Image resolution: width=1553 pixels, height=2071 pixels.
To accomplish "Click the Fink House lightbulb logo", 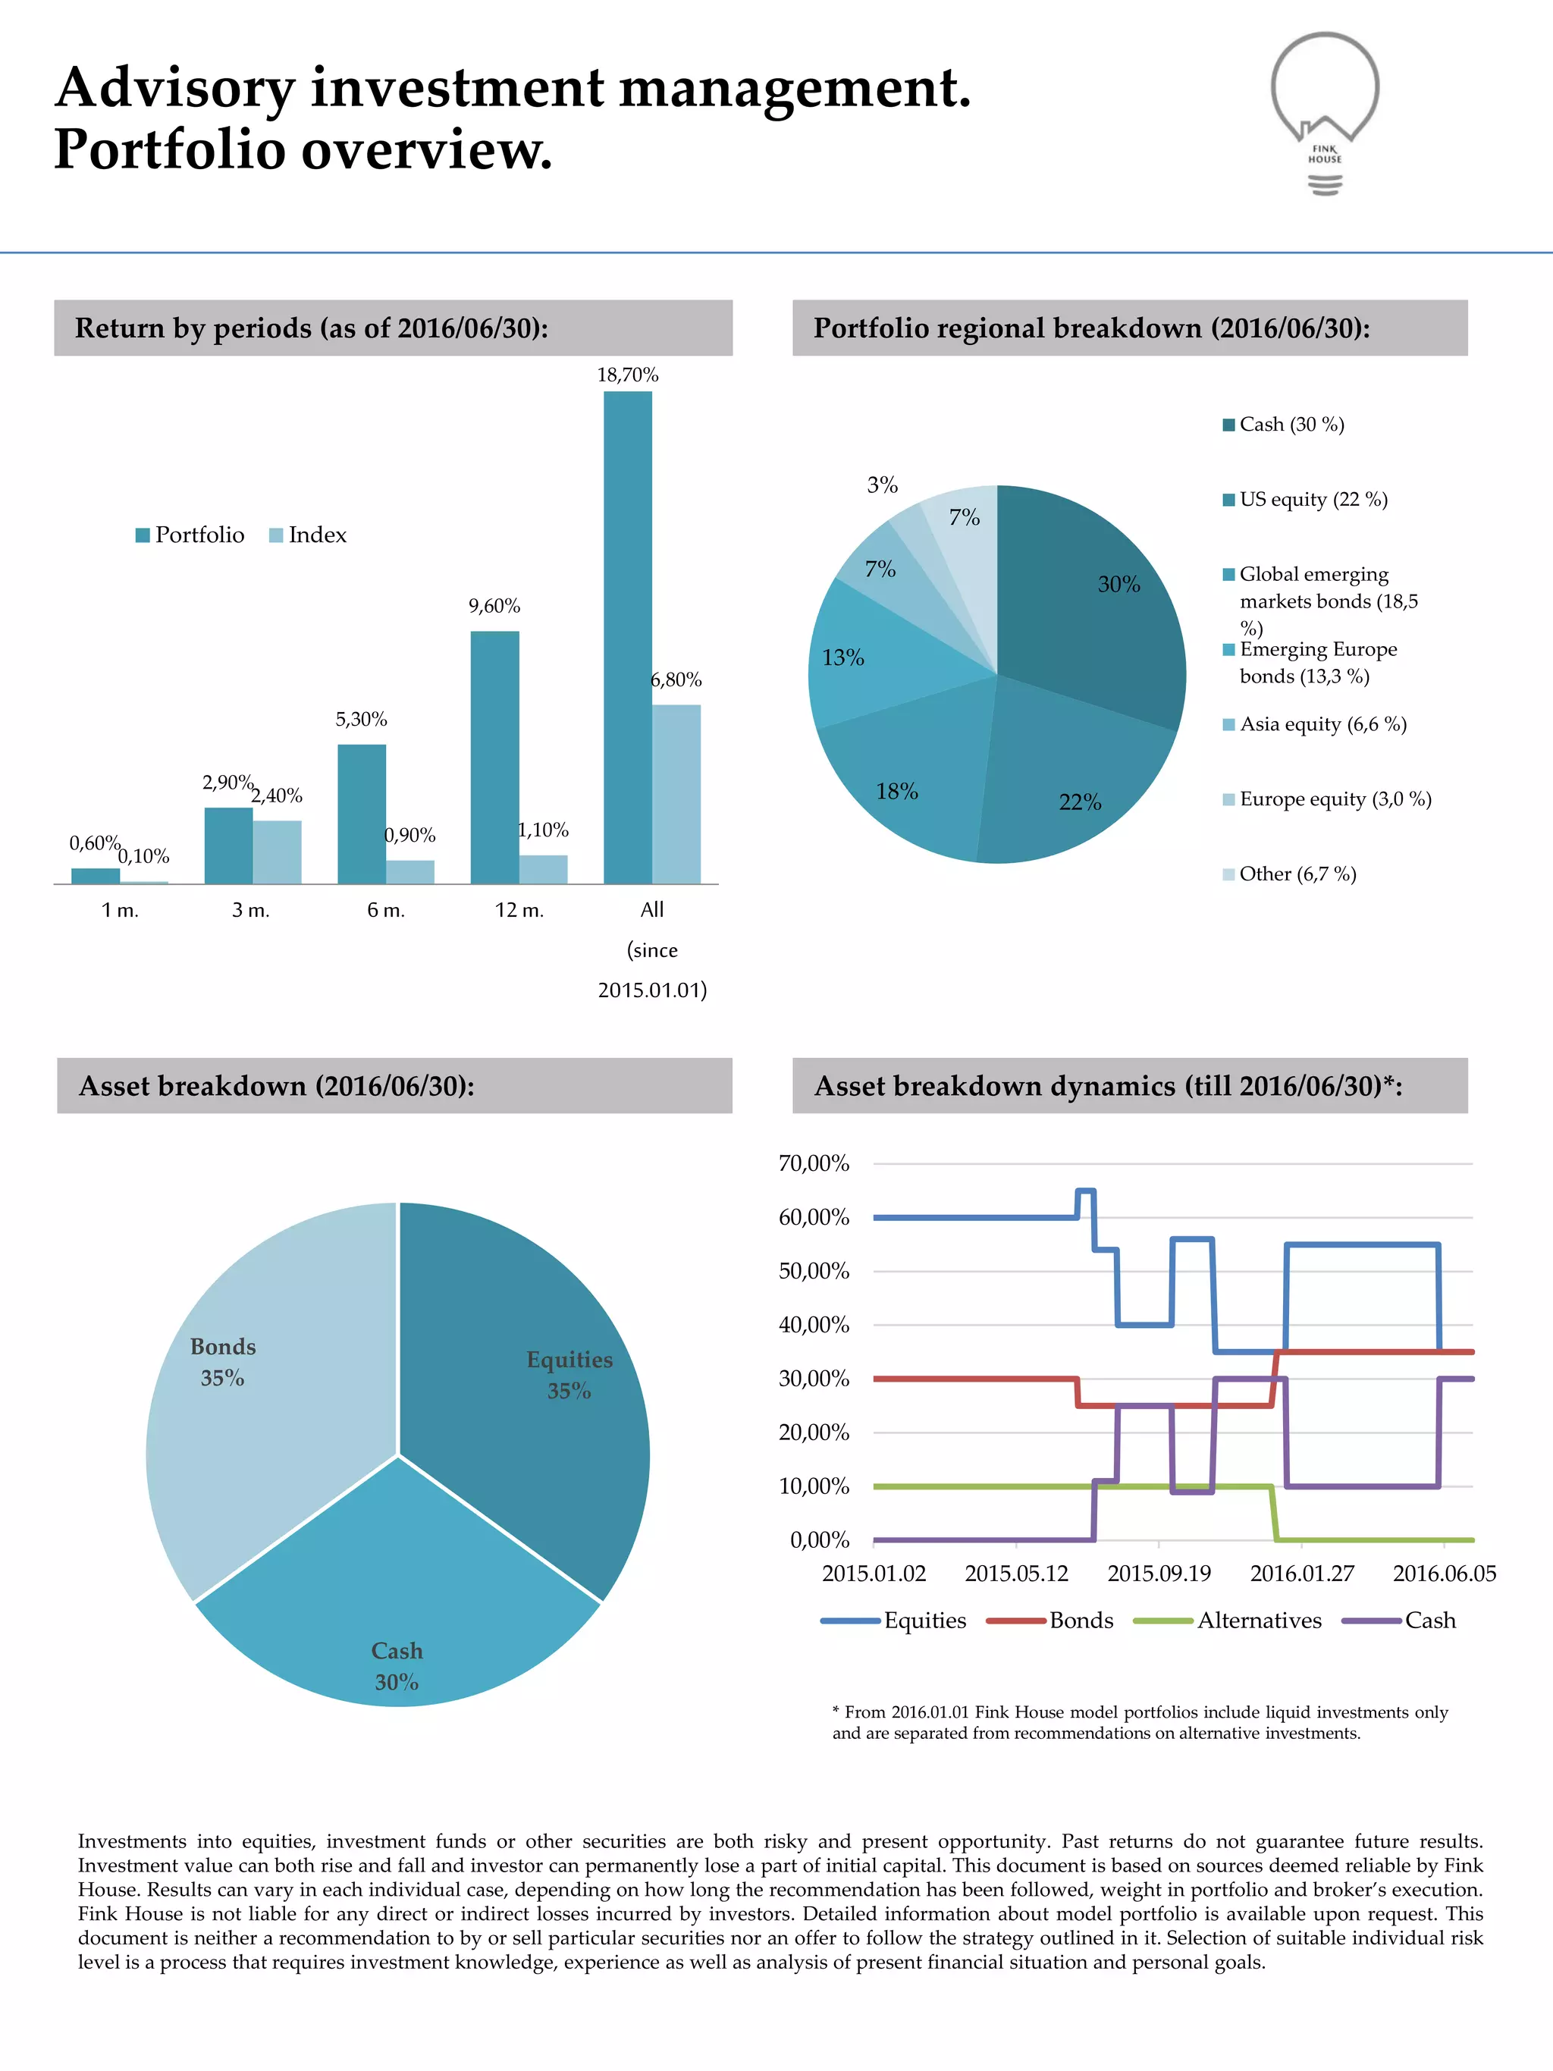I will click(1325, 112).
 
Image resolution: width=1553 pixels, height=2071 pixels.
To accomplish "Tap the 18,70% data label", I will click(627, 375).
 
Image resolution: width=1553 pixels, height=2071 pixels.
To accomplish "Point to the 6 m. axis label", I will click(386, 910).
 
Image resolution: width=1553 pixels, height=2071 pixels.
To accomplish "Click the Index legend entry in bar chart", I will click(308, 535).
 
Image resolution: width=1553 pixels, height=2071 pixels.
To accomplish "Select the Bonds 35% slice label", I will click(223, 1361).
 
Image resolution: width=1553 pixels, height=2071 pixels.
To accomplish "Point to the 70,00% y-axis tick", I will click(814, 1164).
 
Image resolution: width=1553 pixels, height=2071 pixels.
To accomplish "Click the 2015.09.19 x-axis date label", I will click(1159, 1574).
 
